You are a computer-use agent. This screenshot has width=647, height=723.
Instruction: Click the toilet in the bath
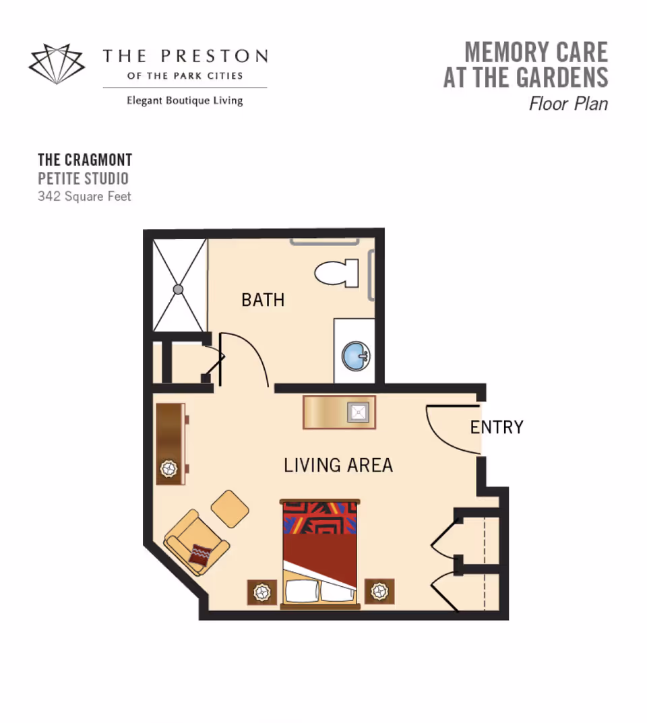coord(337,273)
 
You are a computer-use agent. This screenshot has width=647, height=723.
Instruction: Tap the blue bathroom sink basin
coord(356,356)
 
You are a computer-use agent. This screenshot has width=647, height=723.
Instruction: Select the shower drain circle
coord(178,290)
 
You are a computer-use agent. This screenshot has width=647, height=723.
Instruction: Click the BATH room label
coord(263,300)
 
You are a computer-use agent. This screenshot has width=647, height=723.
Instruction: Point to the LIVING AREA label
coord(338,465)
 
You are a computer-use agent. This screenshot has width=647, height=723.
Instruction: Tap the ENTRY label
coord(497,427)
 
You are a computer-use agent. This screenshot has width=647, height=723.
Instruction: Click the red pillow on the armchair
coord(200,555)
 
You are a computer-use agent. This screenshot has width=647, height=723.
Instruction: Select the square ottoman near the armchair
coord(230,509)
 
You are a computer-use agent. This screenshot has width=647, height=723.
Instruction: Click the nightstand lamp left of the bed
coord(262,592)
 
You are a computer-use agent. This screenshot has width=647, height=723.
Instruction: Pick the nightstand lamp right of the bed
coord(379,591)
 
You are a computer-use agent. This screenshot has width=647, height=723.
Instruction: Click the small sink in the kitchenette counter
coord(359,412)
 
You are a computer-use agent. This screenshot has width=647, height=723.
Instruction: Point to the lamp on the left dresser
coord(168,470)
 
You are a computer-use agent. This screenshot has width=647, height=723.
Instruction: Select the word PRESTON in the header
coord(214,56)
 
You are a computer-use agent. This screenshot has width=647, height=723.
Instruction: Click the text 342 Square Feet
coord(84,197)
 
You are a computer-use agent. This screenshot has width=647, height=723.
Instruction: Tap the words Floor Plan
coord(568,104)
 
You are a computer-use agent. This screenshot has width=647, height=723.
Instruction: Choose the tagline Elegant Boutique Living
coord(185,100)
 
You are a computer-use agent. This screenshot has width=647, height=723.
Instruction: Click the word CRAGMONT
coord(98,160)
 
